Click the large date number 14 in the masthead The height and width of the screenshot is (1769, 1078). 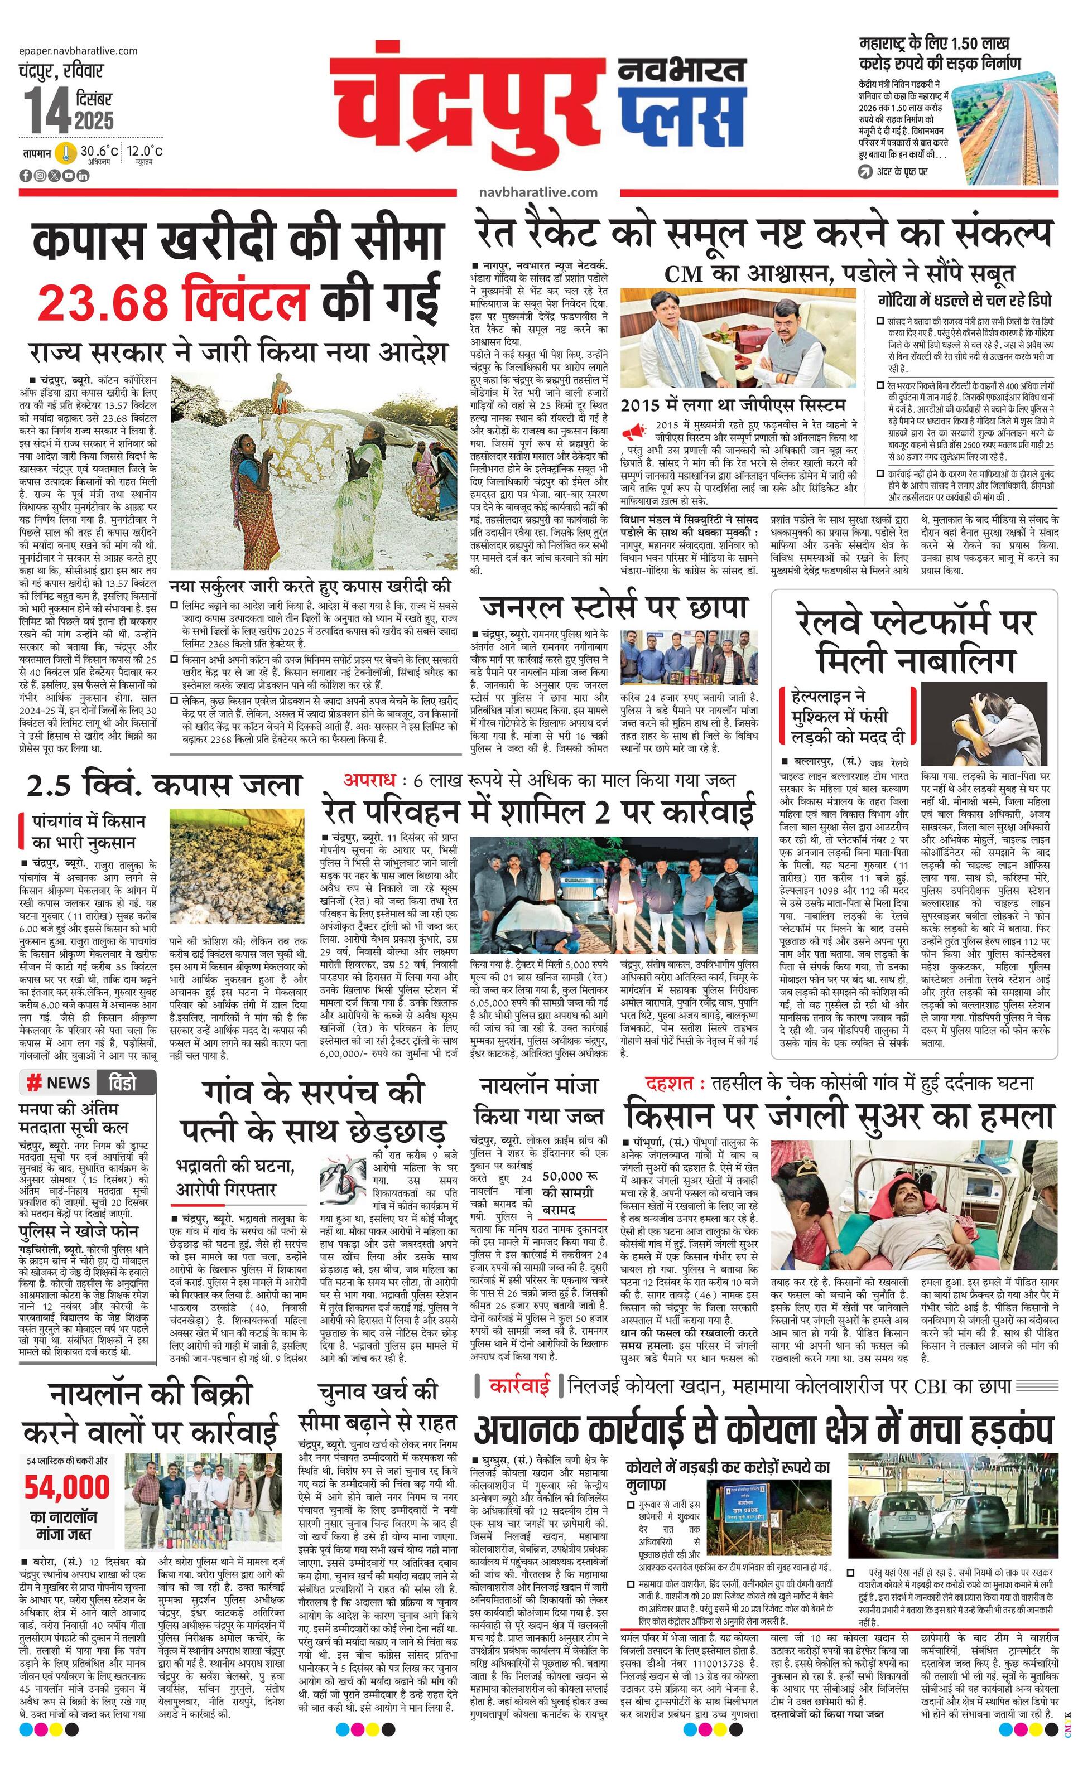point(45,110)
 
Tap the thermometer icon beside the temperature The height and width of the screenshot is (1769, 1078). point(65,153)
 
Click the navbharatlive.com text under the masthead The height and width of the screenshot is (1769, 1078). point(537,192)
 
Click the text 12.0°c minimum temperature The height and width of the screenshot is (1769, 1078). point(145,151)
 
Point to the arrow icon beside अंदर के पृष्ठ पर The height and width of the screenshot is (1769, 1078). point(864,172)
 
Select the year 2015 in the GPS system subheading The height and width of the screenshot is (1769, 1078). point(644,405)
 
